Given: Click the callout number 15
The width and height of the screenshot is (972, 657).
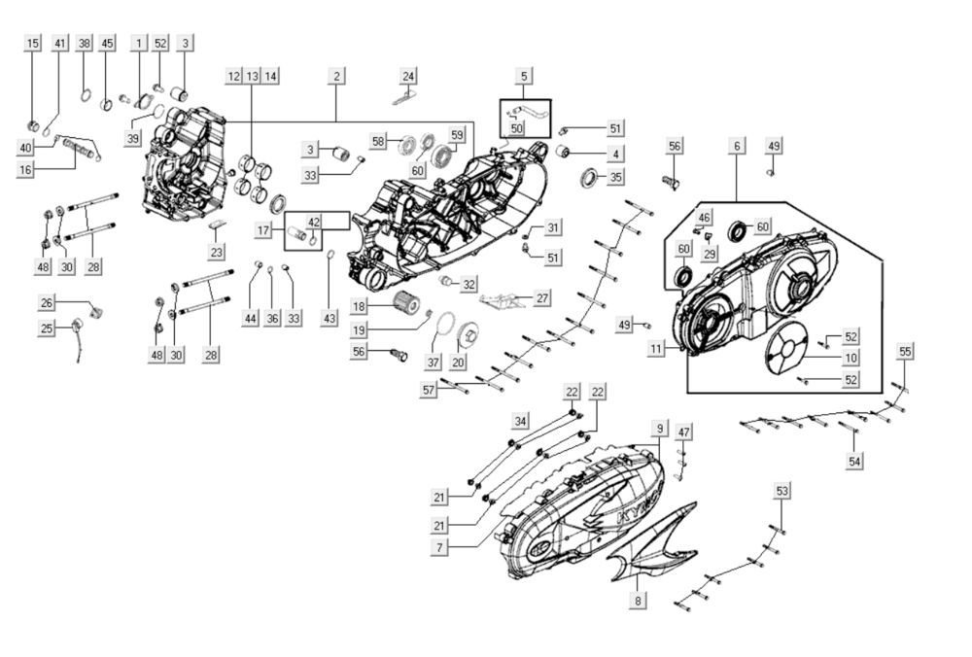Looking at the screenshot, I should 33,44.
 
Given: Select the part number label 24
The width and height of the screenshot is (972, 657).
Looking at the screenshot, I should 408,76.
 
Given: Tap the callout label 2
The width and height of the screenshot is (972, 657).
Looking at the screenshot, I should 336,76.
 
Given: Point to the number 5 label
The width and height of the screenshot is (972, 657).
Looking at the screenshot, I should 524,76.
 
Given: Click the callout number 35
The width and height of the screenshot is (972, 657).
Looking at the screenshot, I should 615,178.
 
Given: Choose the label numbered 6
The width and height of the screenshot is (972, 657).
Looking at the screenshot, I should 737,146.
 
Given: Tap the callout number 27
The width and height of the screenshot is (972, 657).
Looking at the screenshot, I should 542,298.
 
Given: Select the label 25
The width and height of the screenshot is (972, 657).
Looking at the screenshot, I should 47,328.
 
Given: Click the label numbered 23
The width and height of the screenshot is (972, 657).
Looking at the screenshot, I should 217,251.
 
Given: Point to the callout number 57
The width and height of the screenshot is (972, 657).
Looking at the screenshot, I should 430,390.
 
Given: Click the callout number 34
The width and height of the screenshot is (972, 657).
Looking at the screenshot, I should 521,421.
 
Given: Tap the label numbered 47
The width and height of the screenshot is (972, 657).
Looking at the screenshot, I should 684,432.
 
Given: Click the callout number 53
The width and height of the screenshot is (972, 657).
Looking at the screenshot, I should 781,491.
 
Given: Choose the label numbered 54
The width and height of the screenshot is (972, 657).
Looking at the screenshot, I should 854,460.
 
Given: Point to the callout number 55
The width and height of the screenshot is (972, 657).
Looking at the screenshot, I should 905,351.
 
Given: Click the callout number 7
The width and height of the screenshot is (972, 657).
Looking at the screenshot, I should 440,548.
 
